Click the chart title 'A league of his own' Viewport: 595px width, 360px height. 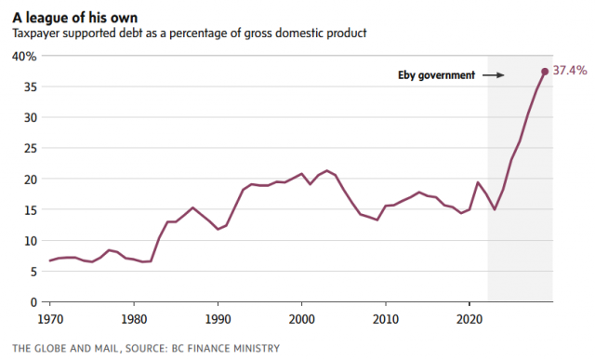74,18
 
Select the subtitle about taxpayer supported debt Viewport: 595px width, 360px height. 190,33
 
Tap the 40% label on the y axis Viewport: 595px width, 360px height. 24,57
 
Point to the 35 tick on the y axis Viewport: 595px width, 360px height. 31,87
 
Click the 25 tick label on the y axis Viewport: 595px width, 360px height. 31,148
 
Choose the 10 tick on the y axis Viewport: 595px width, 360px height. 31,240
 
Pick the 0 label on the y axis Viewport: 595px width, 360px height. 33,302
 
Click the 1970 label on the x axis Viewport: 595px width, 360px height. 50,319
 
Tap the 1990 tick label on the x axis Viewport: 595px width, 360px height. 218,319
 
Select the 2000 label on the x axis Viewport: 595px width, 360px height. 301,319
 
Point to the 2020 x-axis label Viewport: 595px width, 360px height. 469,319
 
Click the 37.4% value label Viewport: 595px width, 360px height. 570,71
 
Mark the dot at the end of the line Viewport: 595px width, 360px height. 545,72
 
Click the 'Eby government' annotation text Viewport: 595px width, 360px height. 436,75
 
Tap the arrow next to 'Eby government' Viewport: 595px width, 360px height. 494,75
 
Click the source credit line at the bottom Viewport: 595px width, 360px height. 146,348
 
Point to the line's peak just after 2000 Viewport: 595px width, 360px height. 326,170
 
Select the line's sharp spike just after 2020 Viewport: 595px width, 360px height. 478,182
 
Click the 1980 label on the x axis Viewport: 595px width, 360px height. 134,319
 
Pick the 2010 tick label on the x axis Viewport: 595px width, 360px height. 386,319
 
